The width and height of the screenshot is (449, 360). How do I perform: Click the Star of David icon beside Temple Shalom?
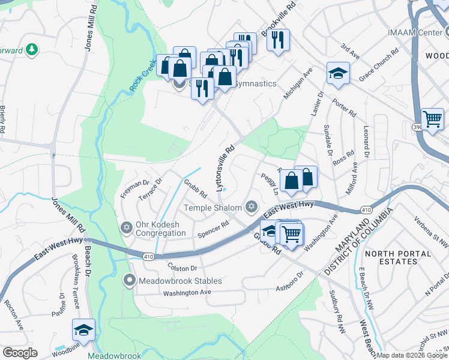click(252, 208)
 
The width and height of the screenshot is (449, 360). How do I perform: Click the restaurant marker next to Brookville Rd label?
click(278, 41)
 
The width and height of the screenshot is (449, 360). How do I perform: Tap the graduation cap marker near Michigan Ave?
click(338, 74)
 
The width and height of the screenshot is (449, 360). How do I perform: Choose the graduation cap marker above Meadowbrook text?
click(83, 329)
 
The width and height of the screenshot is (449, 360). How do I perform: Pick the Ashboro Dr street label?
click(290, 282)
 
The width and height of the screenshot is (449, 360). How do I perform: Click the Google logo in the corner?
click(20, 352)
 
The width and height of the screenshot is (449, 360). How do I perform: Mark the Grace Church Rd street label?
click(379, 66)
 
